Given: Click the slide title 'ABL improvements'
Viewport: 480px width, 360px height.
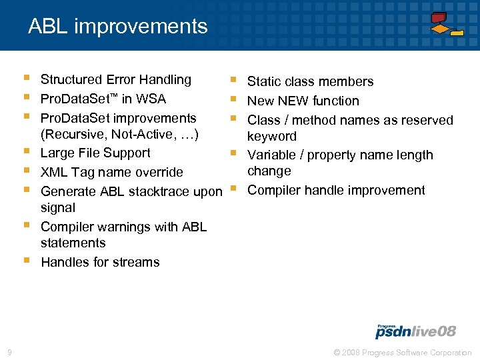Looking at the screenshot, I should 118,27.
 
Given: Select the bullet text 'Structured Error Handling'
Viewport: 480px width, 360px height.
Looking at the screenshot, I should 116,80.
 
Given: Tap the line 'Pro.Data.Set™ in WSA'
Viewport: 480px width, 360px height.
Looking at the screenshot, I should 103,99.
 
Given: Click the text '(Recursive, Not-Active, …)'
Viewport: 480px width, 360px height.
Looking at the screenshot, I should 121,134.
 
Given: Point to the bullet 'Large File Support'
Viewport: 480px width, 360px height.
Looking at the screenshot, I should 95,153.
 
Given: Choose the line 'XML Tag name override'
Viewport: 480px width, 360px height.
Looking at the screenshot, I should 111,172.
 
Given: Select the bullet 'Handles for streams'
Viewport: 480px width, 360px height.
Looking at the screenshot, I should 100,262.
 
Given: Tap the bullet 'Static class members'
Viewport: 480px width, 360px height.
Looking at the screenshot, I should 310,82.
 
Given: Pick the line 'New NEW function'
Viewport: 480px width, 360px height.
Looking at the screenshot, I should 303,101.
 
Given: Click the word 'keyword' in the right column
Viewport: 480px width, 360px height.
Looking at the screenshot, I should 271,137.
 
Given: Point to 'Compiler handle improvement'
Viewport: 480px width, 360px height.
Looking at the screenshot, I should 336,191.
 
